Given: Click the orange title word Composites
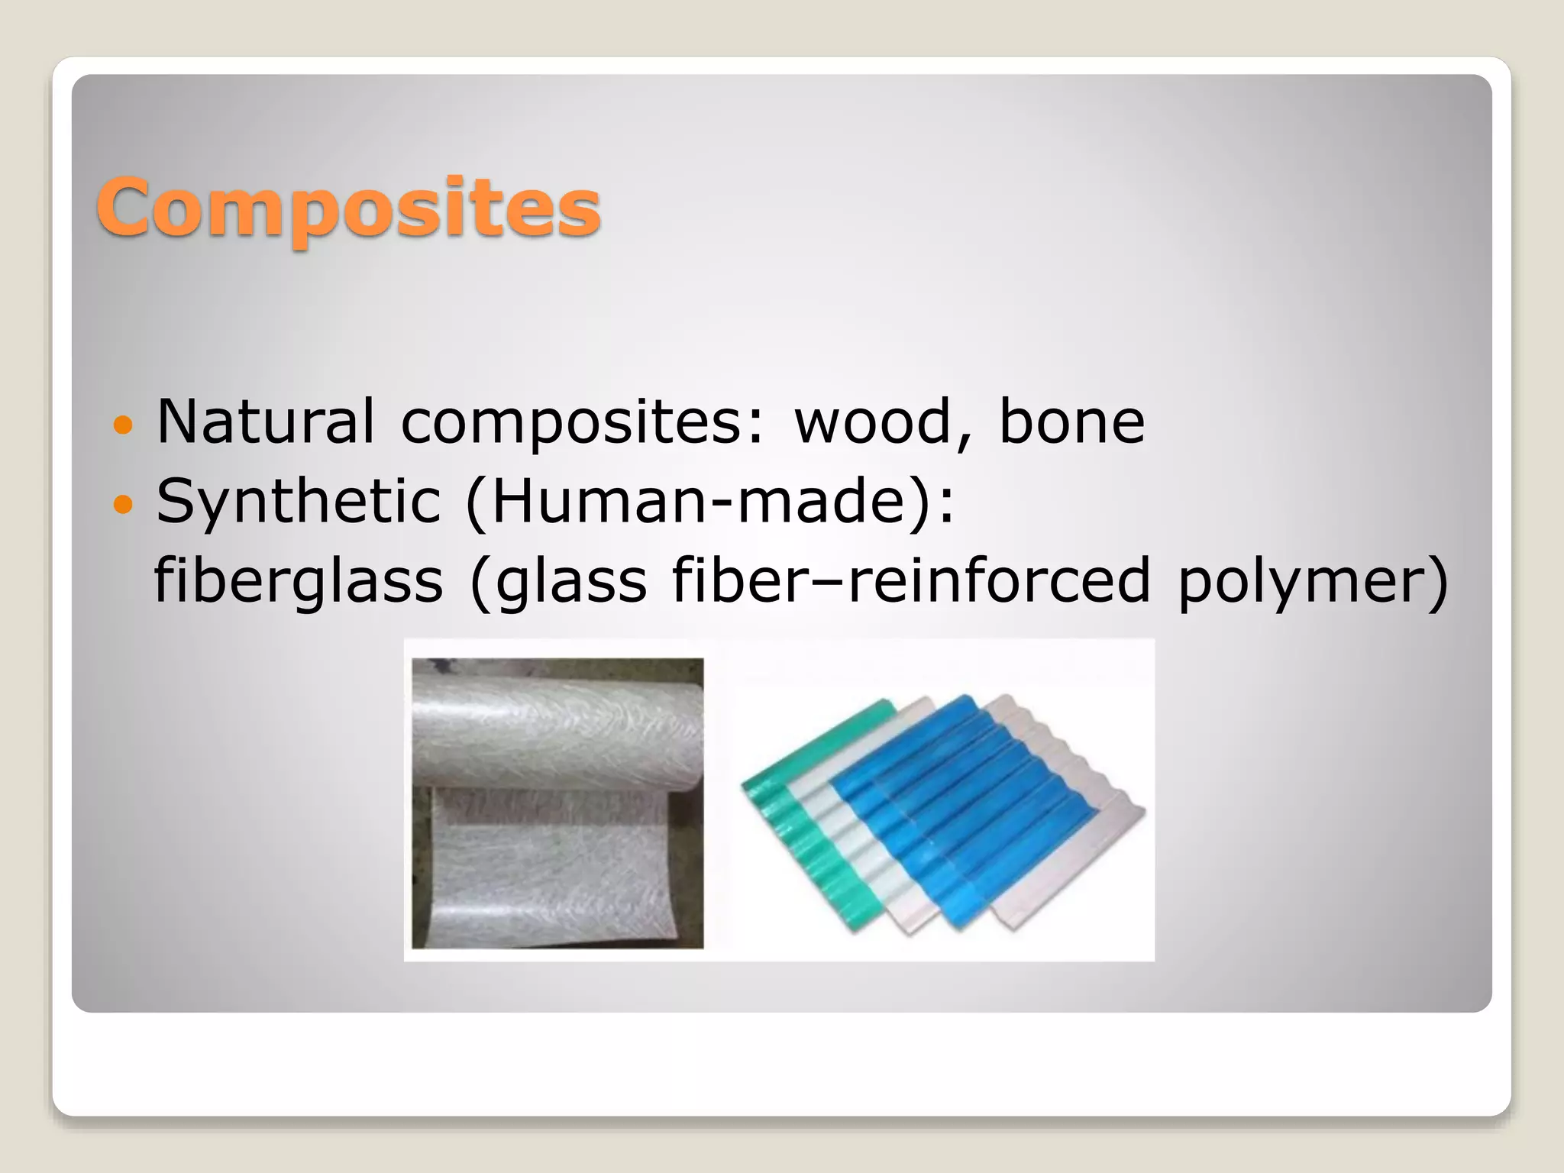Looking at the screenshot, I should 348,208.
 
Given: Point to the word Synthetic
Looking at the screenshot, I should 299,501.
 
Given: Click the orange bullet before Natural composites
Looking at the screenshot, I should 123,423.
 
